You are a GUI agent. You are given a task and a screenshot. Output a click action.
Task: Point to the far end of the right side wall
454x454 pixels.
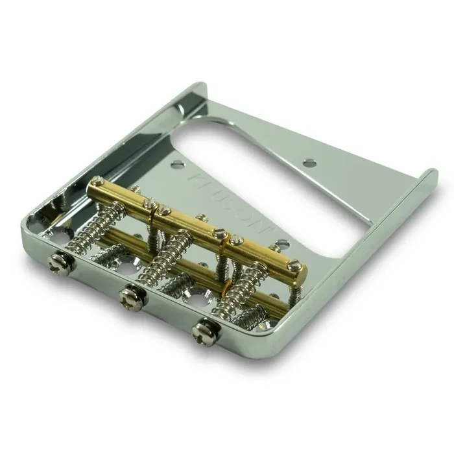coord(431,173)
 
